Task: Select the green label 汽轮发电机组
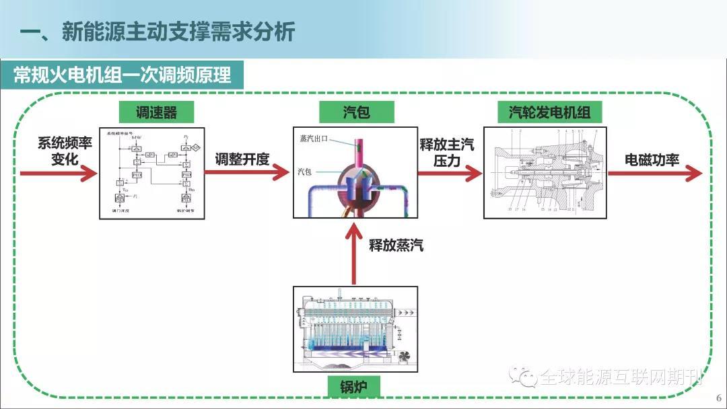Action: click(545, 112)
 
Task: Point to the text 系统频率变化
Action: click(65, 151)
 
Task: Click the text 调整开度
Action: click(242, 159)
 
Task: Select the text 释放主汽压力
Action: click(447, 153)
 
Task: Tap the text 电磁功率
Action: click(652, 159)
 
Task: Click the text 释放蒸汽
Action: click(396, 245)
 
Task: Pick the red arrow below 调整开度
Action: click(246, 173)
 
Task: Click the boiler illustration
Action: click(355, 330)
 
